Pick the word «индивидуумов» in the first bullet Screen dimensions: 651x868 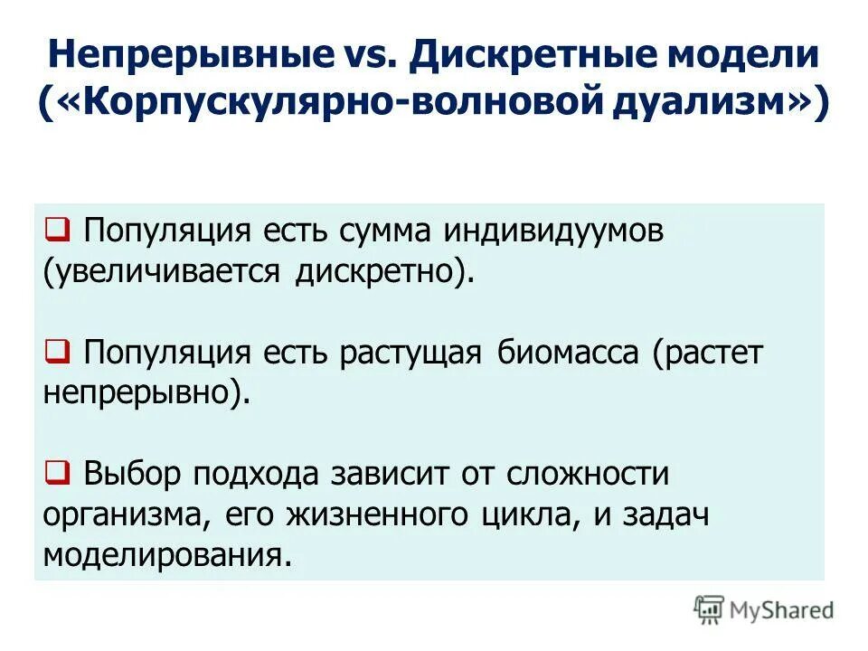pyautogui.click(x=553, y=231)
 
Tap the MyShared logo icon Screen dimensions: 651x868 pyautogui.click(x=710, y=609)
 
